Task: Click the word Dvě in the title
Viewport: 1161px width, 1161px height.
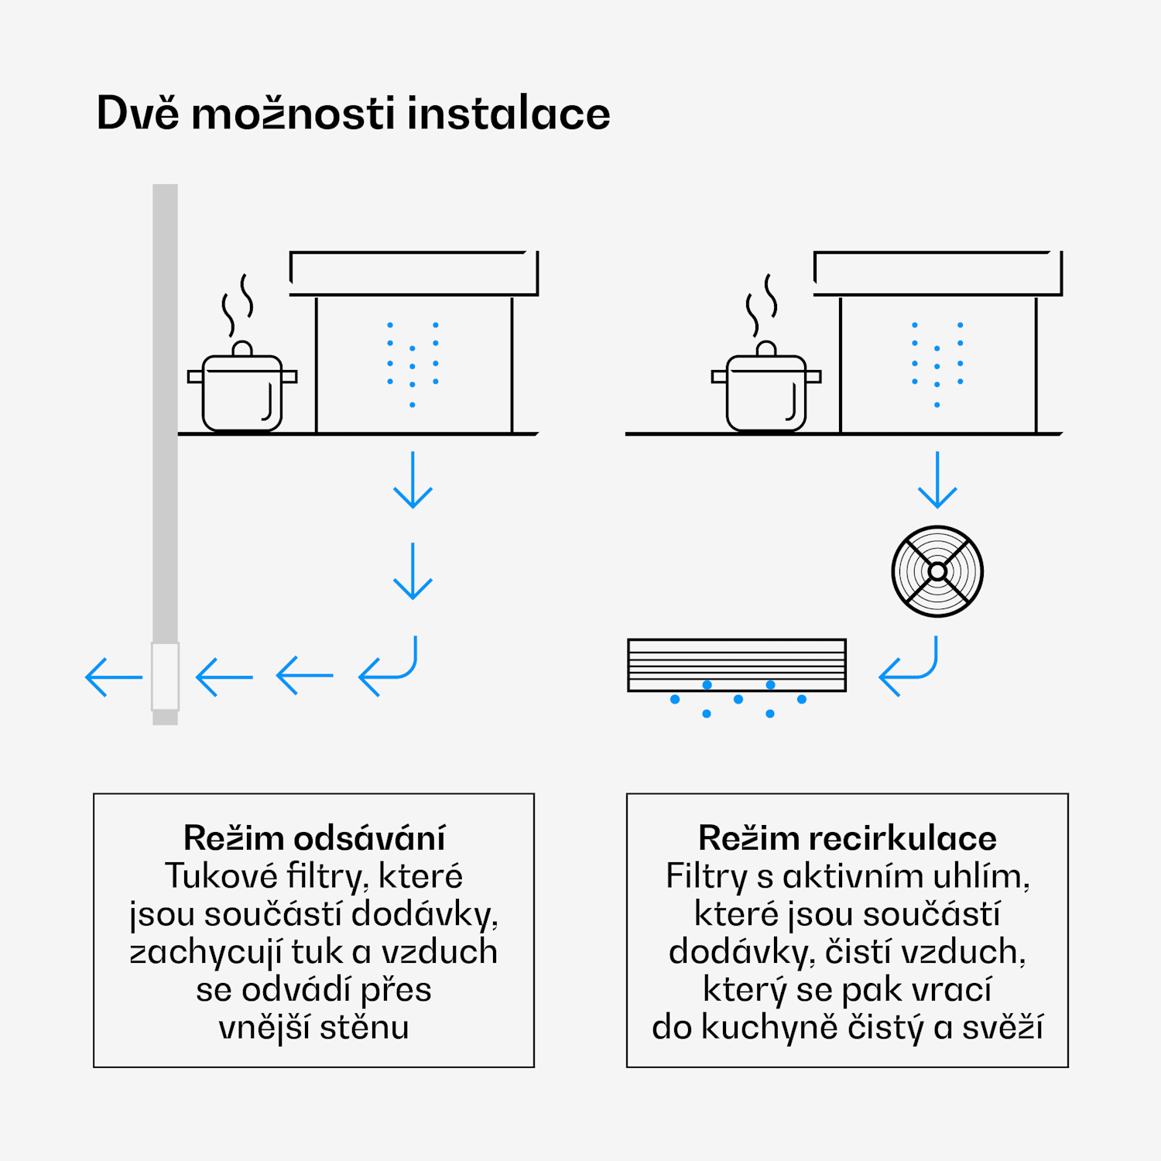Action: point(138,114)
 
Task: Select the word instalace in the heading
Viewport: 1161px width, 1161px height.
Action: point(509,114)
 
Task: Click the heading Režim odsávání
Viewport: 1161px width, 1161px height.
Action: point(314,838)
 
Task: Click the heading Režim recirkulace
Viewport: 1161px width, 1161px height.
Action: point(847,838)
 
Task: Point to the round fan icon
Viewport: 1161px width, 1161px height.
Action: point(937,571)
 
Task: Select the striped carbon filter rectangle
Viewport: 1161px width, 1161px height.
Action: point(737,665)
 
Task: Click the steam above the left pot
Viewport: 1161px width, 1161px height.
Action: point(238,304)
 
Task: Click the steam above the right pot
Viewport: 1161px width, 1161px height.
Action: point(762,304)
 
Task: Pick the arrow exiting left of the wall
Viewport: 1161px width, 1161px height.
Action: point(113,677)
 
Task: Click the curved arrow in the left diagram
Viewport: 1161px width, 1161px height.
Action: point(391,667)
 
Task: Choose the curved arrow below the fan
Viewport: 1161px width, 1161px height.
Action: point(911,667)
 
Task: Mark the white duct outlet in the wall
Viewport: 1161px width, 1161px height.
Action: point(165,676)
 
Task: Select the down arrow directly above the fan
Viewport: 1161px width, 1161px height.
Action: point(937,480)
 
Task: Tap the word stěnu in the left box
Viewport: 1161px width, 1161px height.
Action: point(364,1028)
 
